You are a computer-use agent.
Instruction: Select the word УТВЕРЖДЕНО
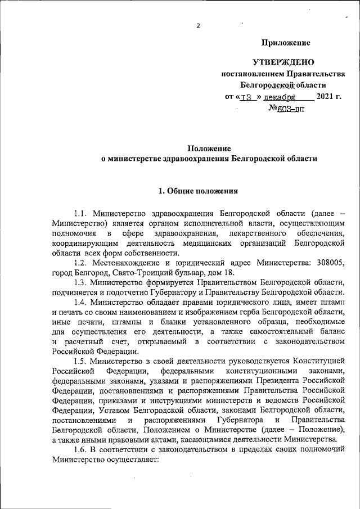[283, 62]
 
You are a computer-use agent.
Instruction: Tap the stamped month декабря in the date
[280, 97]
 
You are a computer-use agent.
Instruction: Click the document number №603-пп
[286, 109]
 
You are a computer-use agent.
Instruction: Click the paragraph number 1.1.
[82, 214]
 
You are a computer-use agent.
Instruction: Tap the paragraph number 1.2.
[82, 263]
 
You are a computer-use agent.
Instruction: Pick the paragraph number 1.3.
[82, 282]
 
